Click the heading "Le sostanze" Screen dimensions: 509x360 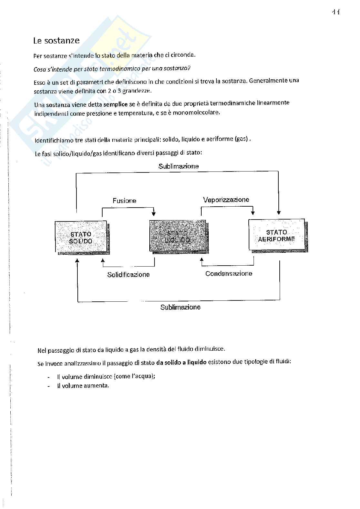click(x=56, y=41)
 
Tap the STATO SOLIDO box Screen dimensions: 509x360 click(x=81, y=237)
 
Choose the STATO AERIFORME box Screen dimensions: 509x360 click(x=276, y=236)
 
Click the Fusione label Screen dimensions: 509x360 click(x=124, y=201)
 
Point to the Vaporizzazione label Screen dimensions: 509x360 click(x=226, y=200)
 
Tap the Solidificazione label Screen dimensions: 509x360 click(x=128, y=275)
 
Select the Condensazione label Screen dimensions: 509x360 click(x=229, y=274)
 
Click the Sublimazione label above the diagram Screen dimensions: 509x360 click(x=178, y=166)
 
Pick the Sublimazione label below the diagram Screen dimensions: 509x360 click(x=180, y=307)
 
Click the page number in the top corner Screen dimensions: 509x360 click(x=336, y=12)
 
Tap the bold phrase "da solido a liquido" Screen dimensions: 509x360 click(x=181, y=362)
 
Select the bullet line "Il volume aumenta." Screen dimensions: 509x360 click(x=83, y=386)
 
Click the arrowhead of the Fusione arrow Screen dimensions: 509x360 click(x=154, y=214)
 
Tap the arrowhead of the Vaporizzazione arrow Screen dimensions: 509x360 click(x=253, y=213)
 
